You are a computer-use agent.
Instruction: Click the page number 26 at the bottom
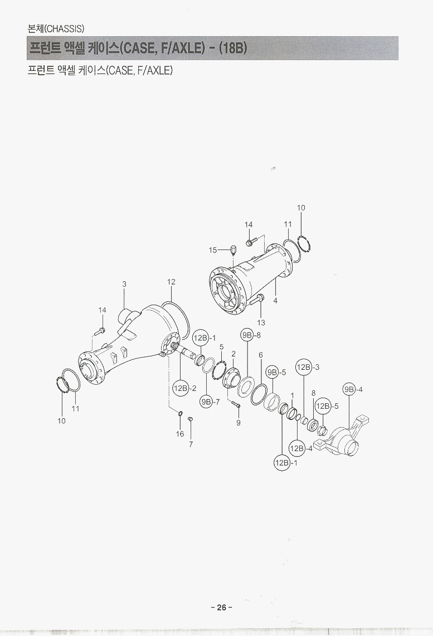pos(222,607)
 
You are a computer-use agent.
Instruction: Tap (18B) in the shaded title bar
pos(233,48)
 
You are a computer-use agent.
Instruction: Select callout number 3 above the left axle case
pos(124,285)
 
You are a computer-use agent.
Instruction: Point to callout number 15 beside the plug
pos(213,250)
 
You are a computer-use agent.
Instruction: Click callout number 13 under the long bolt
pos(261,322)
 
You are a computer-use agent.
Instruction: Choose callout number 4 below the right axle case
pos(275,301)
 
